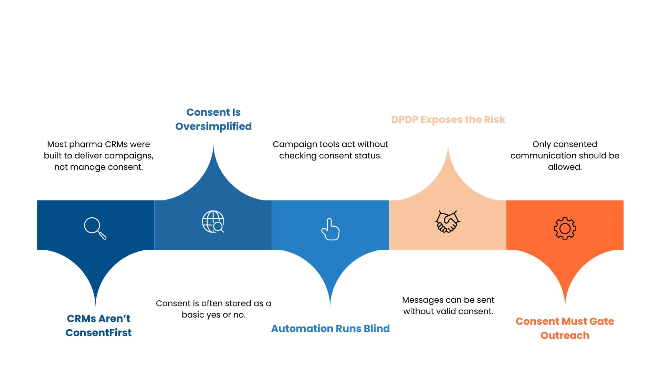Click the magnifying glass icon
pyautogui.click(x=95, y=228)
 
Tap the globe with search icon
pyautogui.click(x=213, y=222)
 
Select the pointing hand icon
pyautogui.click(x=330, y=229)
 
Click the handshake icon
pyautogui.click(x=448, y=222)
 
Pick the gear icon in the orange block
pyautogui.click(x=565, y=228)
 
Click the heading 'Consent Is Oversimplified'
pyautogui.click(x=213, y=119)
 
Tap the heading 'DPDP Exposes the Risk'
pyautogui.click(x=448, y=120)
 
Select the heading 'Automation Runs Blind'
pyautogui.click(x=330, y=329)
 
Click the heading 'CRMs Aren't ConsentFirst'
pyautogui.click(x=98, y=325)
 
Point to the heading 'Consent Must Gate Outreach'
pyautogui.click(x=565, y=328)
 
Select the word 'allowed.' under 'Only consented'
pyautogui.click(x=565, y=167)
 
